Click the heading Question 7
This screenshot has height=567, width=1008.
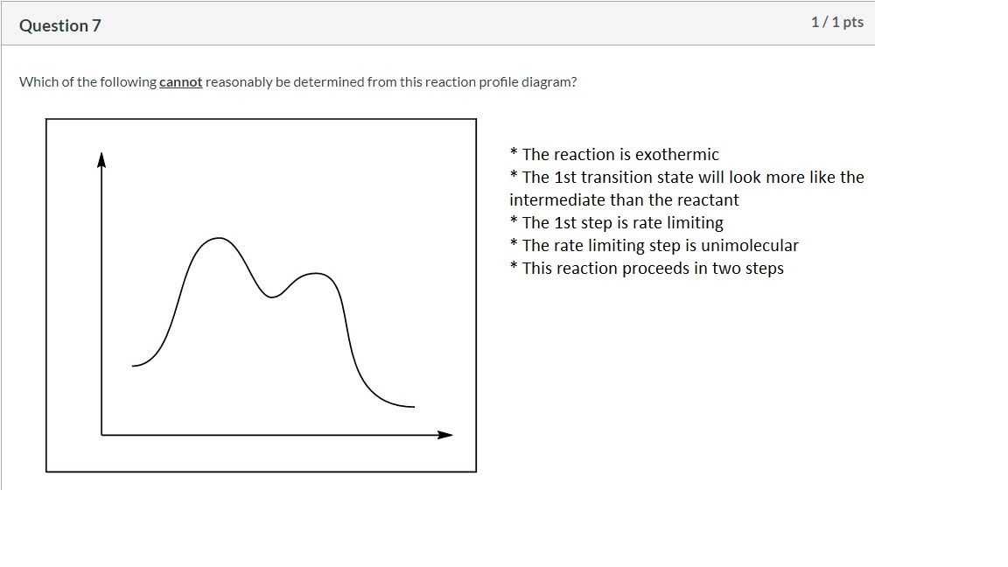pos(59,25)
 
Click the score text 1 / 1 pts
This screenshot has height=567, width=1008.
pos(837,22)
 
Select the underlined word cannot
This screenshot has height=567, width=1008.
pos(180,82)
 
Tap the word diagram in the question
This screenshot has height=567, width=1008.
pos(546,82)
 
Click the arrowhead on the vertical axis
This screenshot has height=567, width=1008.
pos(101,159)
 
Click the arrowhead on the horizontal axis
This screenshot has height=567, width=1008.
pos(444,435)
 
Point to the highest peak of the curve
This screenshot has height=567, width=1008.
pos(219,239)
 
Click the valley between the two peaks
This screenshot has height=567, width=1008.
pos(271,297)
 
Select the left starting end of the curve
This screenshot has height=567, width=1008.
pos(133,366)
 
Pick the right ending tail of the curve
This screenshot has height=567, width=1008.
pos(413,406)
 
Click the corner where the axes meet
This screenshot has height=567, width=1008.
pos(101,435)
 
